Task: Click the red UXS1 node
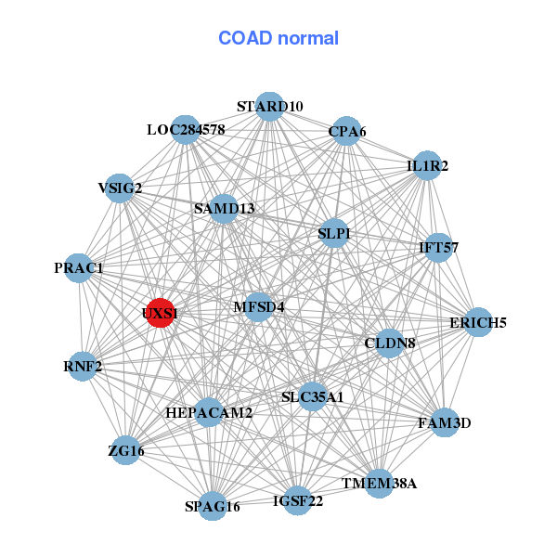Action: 160,313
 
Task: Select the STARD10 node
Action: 269,106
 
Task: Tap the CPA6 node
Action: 347,132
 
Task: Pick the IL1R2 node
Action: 427,166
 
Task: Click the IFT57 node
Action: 438,247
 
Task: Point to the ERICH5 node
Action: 477,323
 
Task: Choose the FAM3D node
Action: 445,422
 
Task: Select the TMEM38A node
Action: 379,483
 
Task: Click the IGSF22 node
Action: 298,501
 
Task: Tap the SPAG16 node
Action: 213,506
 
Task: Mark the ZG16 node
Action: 125,451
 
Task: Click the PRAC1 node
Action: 79,268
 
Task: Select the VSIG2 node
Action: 120,188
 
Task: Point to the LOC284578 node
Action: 186,129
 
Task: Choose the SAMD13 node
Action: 224,208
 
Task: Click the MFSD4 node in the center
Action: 258,305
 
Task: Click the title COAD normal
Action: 278,38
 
